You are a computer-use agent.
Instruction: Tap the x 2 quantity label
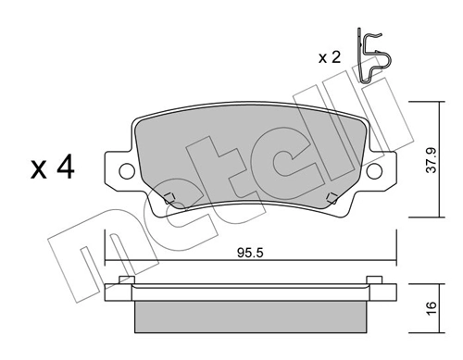(x=329, y=57)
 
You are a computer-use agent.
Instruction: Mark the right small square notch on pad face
(x=331, y=195)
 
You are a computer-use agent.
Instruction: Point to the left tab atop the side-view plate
(x=126, y=279)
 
